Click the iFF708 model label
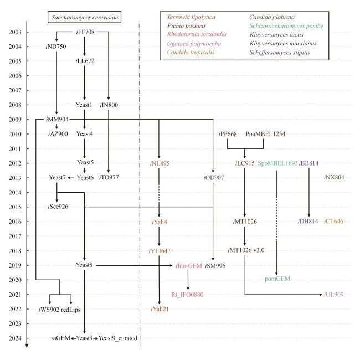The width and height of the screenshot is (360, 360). tap(85, 32)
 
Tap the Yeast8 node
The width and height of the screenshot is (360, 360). tap(84, 265)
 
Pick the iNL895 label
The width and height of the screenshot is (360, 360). tap(160, 163)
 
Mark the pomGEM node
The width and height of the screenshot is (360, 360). tap(276, 280)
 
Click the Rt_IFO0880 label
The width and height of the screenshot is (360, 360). tap(188, 294)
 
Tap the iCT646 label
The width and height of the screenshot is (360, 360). tap(333, 222)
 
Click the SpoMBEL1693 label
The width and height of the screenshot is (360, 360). tap(276, 163)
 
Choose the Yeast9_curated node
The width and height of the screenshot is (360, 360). tap(118, 338)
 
